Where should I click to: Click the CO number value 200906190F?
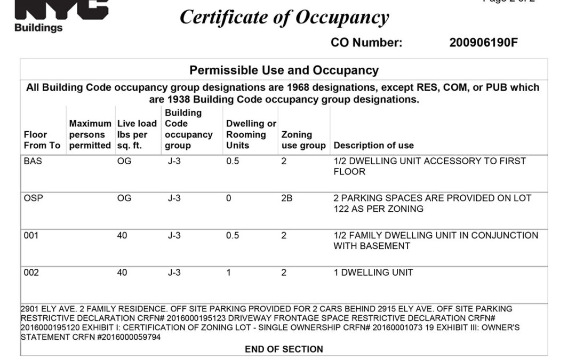coord(483,43)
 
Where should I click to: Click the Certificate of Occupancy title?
coord(284,18)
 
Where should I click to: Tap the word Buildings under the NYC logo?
coord(38,28)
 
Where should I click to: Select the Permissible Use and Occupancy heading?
coord(284,70)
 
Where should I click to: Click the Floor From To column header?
coord(42,140)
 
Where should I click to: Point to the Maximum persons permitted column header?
coord(90,134)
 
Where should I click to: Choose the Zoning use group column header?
coord(303,140)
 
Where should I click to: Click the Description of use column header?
coord(373,145)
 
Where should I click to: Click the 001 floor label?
coord(31,235)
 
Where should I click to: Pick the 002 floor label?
coord(31,273)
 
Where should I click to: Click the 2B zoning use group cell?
coord(287,198)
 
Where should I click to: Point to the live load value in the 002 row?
coord(122,273)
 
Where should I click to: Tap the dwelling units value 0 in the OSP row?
coord(229,198)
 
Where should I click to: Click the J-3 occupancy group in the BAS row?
coord(174,161)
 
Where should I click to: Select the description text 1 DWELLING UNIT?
coord(373,273)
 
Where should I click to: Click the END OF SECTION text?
coord(284,349)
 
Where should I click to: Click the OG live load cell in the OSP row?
coord(124,198)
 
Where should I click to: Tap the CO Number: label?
coord(366,43)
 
